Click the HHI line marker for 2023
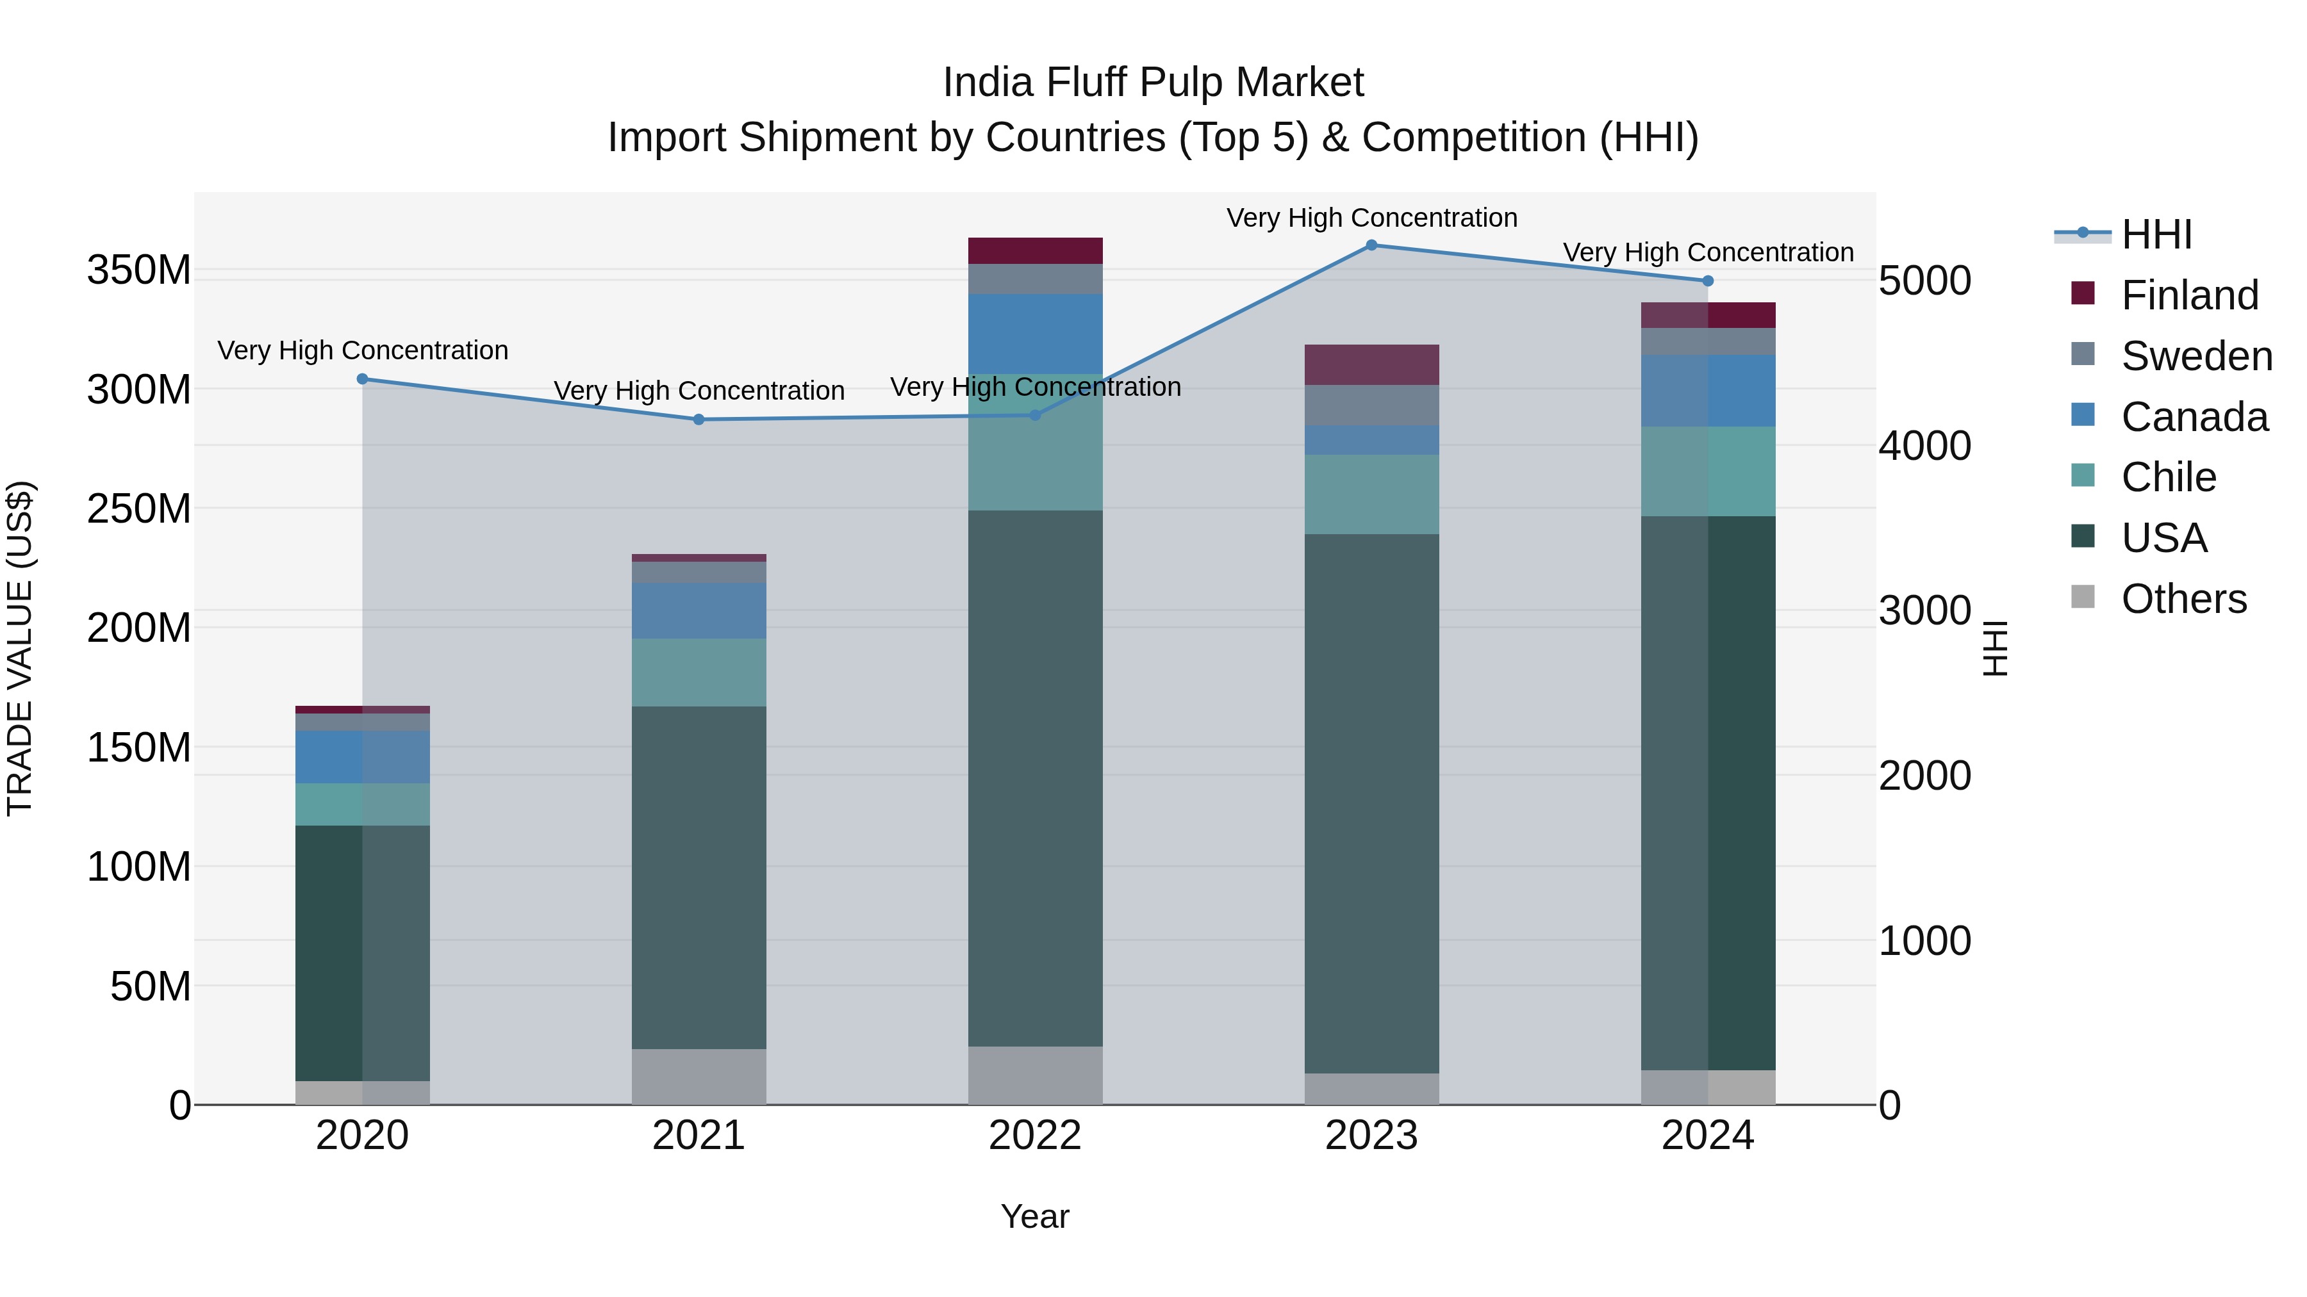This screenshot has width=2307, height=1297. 1371,245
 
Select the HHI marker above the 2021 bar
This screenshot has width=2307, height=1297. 699,420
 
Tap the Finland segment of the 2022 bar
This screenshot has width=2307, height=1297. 1036,250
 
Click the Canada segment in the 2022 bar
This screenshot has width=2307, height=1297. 1036,333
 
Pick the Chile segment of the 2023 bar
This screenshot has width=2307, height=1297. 1371,494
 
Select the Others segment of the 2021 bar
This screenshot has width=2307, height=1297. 699,1076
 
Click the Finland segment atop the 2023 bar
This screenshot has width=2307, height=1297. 1371,364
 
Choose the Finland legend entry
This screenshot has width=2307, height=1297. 2189,295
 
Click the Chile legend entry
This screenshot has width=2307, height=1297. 2167,477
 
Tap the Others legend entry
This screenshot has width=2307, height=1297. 2183,599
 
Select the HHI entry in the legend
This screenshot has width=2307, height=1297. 2156,234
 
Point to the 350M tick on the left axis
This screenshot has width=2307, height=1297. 139,270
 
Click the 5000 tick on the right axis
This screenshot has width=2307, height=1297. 1924,281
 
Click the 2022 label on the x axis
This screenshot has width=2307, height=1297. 1036,1136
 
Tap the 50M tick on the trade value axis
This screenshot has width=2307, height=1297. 151,986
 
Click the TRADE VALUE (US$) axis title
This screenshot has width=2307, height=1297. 20,648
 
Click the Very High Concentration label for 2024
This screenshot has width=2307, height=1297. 1708,252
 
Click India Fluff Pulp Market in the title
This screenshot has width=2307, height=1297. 1153,83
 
